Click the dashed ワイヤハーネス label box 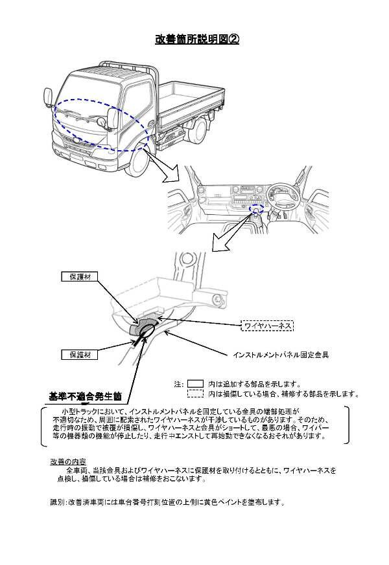267,326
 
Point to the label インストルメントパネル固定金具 281,355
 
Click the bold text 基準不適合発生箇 86,396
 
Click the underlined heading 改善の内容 67,462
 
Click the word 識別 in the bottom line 56,502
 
